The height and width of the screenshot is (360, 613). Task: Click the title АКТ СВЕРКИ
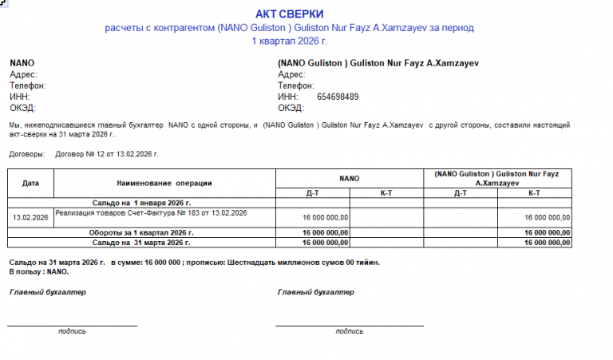[289, 14]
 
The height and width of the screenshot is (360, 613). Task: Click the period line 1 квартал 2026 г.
[289, 40]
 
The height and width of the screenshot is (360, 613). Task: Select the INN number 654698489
[338, 97]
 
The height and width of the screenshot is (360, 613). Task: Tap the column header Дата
[30, 183]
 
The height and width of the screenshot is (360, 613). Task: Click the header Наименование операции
[164, 183]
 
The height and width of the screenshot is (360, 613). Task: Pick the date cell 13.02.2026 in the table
[30, 217]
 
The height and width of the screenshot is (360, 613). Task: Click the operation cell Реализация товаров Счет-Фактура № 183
[151, 213]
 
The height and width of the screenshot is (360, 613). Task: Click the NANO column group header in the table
[349, 178]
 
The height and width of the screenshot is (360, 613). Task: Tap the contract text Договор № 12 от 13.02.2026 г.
[107, 153]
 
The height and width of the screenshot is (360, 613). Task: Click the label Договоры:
[27, 153]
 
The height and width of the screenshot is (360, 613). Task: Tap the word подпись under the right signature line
[350, 331]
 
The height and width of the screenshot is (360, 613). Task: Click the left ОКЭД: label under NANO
[23, 108]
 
